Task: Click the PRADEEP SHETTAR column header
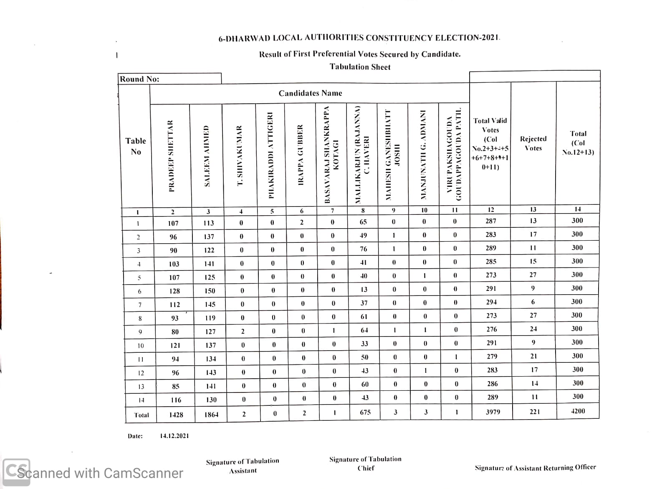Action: pyautogui.click(x=171, y=156)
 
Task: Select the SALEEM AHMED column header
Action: pyautogui.click(x=207, y=156)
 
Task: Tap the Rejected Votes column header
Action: pyautogui.click(x=533, y=143)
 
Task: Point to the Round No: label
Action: pyautogui.click(x=139, y=79)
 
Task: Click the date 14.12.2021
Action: pyautogui.click(x=174, y=436)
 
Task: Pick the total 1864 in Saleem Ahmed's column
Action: pyautogui.click(x=211, y=415)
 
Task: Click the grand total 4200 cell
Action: pyautogui.click(x=578, y=411)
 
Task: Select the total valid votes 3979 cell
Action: pyautogui.click(x=493, y=412)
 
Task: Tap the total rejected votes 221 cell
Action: pyautogui.click(x=535, y=412)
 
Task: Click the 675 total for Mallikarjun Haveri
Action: pyautogui.click(x=365, y=412)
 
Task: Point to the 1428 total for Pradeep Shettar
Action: pyautogui.click(x=176, y=415)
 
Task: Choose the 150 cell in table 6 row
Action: pyautogui.click(x=210, y=290)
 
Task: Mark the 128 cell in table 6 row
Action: pyautogui.click(x=174, y=291)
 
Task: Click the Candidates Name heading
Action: pyautogui.click(x=310, y=93)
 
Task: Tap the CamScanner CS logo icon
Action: pyautogui.click(x=16, y=472)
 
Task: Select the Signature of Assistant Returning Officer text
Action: pyautogui.click(x=535, y=468)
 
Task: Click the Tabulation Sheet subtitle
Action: pyautogui.click(x=360, y=67)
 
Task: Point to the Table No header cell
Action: pyautogui.click(x=136, y=146)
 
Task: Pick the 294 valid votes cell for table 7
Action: pyautogui.click(x=491, y=302)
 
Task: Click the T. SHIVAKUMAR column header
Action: pyautogui.click(x=240, y=156)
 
